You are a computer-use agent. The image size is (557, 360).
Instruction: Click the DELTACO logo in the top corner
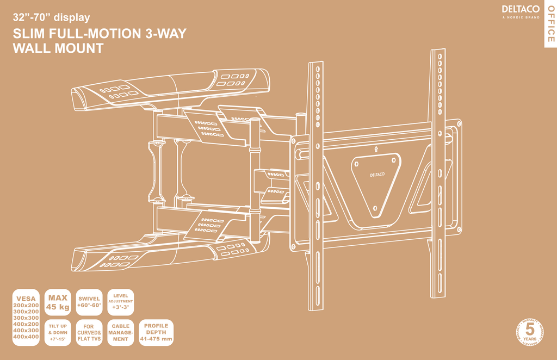(521, 9)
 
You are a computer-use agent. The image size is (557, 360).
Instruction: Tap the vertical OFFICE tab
(550, 24)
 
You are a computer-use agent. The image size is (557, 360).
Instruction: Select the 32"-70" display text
(51, 17)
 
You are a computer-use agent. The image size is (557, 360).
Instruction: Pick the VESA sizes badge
(26, 318)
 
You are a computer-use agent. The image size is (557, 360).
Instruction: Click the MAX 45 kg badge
(58, 302)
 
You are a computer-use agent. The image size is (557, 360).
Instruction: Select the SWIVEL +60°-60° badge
(89, 302)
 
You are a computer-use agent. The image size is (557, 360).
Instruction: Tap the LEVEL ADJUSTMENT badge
(120, 302)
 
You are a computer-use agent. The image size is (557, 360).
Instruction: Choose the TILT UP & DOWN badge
(58, 332)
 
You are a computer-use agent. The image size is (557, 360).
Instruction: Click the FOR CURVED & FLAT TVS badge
(89, 332)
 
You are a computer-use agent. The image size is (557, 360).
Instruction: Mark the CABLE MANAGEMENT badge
(120, 332)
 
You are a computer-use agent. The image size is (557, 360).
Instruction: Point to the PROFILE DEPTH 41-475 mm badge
(156, 332)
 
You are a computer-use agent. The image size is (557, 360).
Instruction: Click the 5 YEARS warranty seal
(529, 333)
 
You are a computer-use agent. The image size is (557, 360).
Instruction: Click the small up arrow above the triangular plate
(375, 148)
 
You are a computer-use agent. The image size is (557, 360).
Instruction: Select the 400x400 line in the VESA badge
(26, 337)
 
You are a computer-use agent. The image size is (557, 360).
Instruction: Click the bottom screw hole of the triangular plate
(375, 207)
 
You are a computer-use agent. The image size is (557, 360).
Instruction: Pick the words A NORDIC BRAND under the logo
(521, 17)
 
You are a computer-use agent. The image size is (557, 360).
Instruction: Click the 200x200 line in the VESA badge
(26, 305)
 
